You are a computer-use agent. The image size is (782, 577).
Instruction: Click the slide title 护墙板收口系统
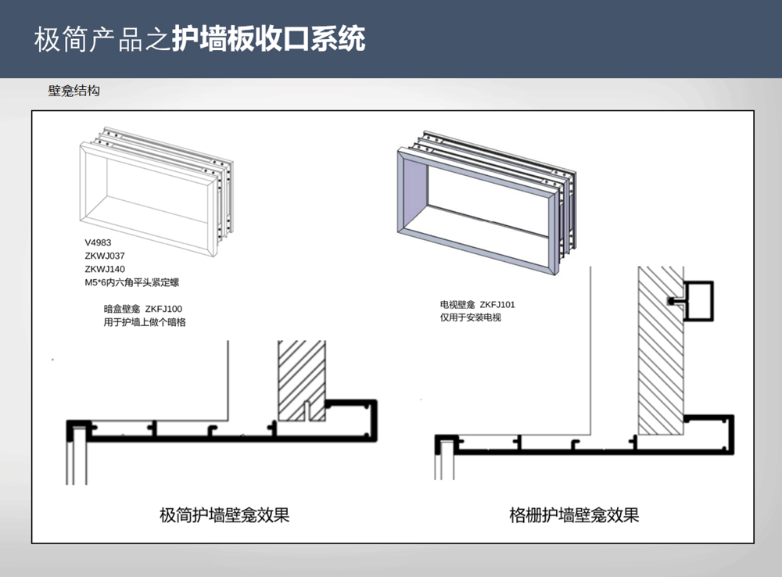pos(269,39)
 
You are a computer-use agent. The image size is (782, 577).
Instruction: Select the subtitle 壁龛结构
pos(74,91)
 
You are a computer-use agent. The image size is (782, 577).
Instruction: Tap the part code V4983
pos(98,243)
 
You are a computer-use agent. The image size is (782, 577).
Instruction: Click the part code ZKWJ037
pos(105,256)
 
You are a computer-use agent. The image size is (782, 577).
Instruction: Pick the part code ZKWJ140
pos(105,269)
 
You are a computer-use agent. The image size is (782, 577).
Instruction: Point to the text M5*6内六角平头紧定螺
pos(131,283)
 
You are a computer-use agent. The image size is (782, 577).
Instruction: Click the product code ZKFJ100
pos(163,309)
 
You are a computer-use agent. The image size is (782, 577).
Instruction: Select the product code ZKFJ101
pos(497,305)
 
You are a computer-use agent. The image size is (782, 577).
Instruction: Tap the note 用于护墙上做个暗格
pos(145,322)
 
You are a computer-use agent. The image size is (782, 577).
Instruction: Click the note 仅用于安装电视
pos(470,317)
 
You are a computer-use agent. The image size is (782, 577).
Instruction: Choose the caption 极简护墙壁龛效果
pos(224,514)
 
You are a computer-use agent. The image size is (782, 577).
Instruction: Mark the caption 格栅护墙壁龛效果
pos(574,514)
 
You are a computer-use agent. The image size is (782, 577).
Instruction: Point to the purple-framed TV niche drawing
pos(486,202)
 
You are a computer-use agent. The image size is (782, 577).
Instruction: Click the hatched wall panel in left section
pos(302,380)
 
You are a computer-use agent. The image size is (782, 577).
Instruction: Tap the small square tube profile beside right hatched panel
pos(698,301)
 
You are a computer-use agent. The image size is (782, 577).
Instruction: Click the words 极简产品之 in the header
pos(102,39)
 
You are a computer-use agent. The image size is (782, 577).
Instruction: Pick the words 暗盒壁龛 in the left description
pos(122,309)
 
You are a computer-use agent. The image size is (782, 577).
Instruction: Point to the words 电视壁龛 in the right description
pos(457,305)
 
